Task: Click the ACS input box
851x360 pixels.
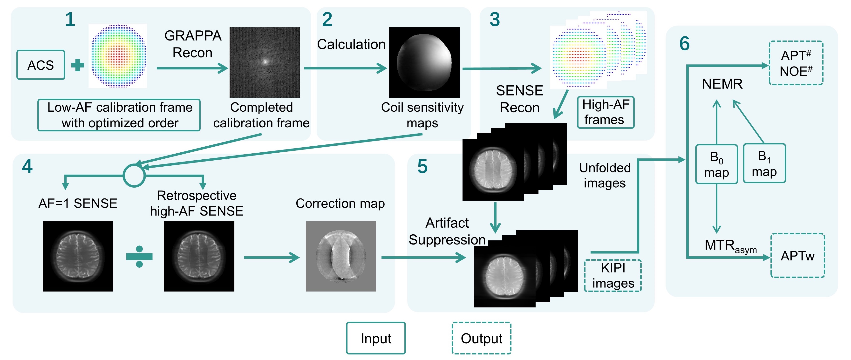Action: point(41,65)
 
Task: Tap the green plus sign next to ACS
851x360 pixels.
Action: point(78,65)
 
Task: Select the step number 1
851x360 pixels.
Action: point(70,20)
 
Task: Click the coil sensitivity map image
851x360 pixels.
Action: point(424,62)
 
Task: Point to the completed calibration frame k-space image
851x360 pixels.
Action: point(265,62)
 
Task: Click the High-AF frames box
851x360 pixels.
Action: point(606,112)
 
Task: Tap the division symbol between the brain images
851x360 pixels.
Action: point(139,257)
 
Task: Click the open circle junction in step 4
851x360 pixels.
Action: point(134,175)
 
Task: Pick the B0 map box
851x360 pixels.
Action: point(716,164)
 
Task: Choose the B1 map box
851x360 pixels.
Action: point(764,163)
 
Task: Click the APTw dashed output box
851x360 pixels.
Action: point(797,256)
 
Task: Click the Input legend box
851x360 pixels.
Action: point(376,338)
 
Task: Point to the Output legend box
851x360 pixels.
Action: point(481,338)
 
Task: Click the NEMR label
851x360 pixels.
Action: point(722,84)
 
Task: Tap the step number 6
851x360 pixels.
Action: point(685,44)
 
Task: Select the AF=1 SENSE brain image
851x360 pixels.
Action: point(78,256)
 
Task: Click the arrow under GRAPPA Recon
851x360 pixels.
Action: point(192,68)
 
